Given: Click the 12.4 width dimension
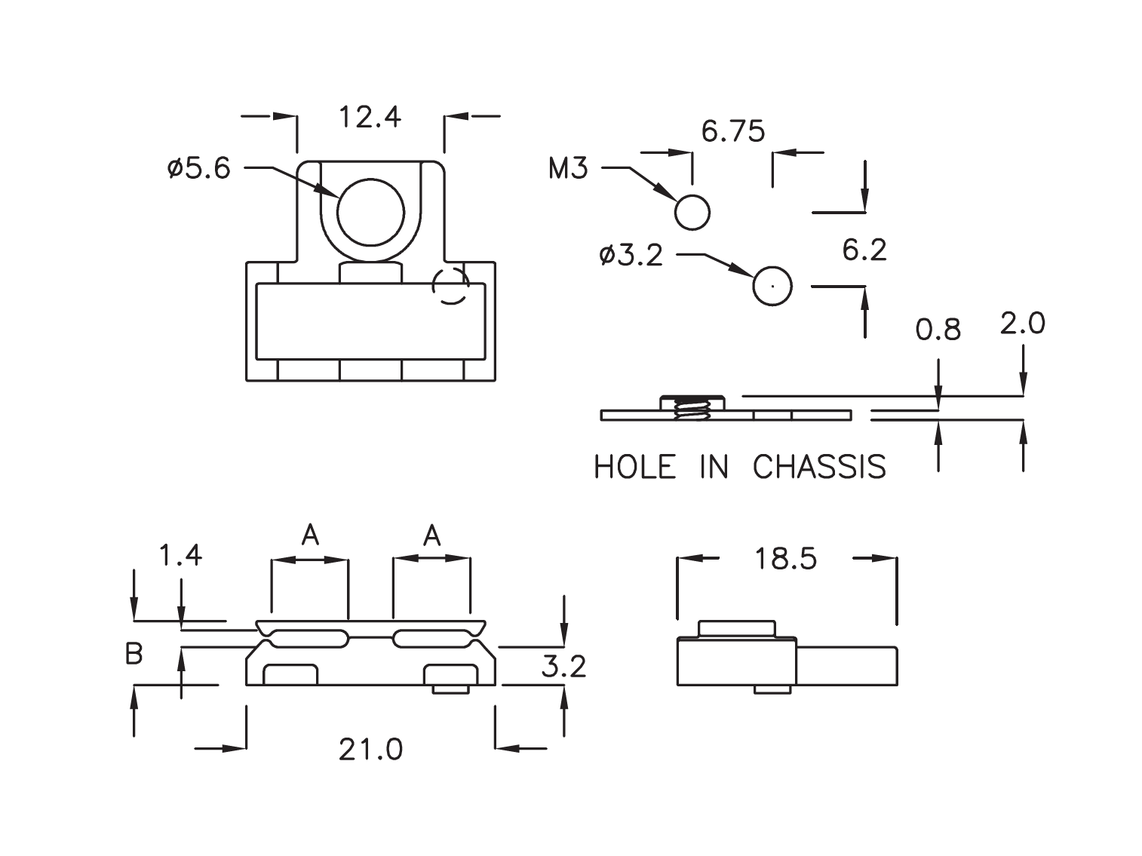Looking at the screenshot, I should pos(370,118).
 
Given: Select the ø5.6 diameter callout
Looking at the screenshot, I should pos(199,168).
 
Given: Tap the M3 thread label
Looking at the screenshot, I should pos(567,168).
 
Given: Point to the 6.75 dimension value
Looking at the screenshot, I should pos(732,132).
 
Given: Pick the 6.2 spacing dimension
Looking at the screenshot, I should pos(864,250).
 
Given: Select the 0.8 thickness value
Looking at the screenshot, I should pos(938,330).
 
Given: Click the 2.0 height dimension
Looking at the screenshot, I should pos(1022,324).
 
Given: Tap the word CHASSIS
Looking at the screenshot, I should pos(819,468).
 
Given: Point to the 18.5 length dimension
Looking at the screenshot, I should pos(785,560).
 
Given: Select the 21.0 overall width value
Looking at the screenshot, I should pos(370,750).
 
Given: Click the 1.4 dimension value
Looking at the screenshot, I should pos(181,556).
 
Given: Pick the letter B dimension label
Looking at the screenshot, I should pos(134,655).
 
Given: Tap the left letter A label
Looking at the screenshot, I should pos(310,535).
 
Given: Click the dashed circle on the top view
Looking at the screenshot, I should pos(450,286).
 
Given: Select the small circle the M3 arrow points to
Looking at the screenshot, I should pos(692,212).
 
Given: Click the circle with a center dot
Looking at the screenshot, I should pos(772,286).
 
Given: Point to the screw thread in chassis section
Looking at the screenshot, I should pos(692,410).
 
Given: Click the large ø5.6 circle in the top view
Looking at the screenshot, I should pos(371,212).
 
